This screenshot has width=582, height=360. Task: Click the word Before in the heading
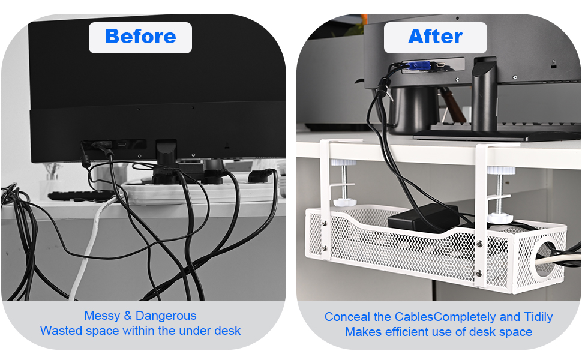140,37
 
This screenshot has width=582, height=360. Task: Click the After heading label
435,37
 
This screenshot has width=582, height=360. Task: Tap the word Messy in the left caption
102,316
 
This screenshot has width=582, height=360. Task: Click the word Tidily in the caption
535,317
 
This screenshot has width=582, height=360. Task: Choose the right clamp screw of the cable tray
499,192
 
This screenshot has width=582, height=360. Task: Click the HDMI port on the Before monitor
122,145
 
